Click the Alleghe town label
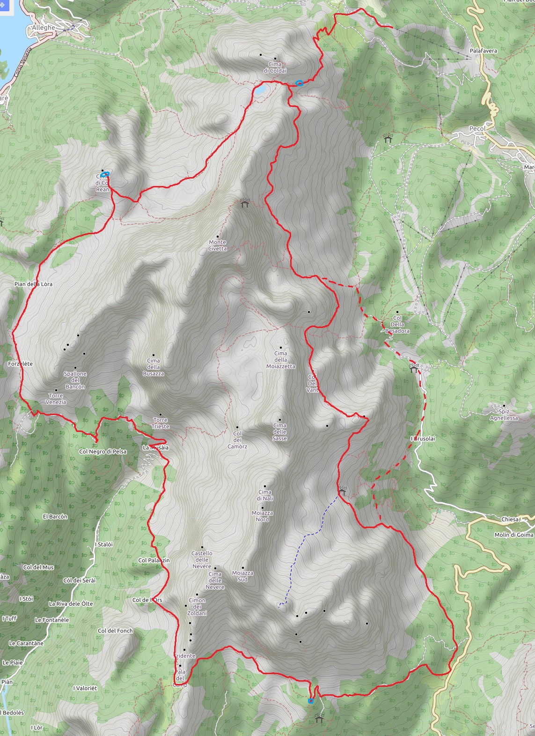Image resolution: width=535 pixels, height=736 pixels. click(x=43, y=28)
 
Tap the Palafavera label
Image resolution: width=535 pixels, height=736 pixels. click(x=484, y=51)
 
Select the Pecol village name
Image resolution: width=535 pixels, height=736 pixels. click(x=477, y=128)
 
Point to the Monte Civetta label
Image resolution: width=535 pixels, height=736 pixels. click(x=218, y=245)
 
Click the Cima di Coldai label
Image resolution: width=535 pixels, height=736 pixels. click(x=275, y=67)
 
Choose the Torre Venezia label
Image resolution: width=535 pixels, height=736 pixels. click(x=56, y=399)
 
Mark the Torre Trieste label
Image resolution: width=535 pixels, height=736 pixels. click(x=161, y=423)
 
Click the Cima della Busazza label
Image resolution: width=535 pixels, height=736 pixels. click(x=154, y=367)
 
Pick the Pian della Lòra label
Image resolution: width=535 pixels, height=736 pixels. click(x=33, y=284)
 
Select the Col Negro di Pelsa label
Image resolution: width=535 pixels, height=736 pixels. click(x=103, y=452)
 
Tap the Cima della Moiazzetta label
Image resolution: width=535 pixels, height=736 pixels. click(x=281, y=360)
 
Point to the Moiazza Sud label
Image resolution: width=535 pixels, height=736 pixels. click(x=242, y=576)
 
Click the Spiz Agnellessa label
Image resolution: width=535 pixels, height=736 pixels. click(x=504, y=415)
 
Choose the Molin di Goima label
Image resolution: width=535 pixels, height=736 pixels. click(x=513, y=535)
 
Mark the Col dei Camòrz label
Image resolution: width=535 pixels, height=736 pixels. click(x=237, y=440)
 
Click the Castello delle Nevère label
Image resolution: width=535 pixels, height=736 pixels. click(x=202, y=559)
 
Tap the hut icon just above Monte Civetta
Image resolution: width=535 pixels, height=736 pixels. click(x=244, y=203)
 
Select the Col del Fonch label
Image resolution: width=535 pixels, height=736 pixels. click(x=115, y=631)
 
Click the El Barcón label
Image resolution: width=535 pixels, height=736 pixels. click(x=55, y=516)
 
